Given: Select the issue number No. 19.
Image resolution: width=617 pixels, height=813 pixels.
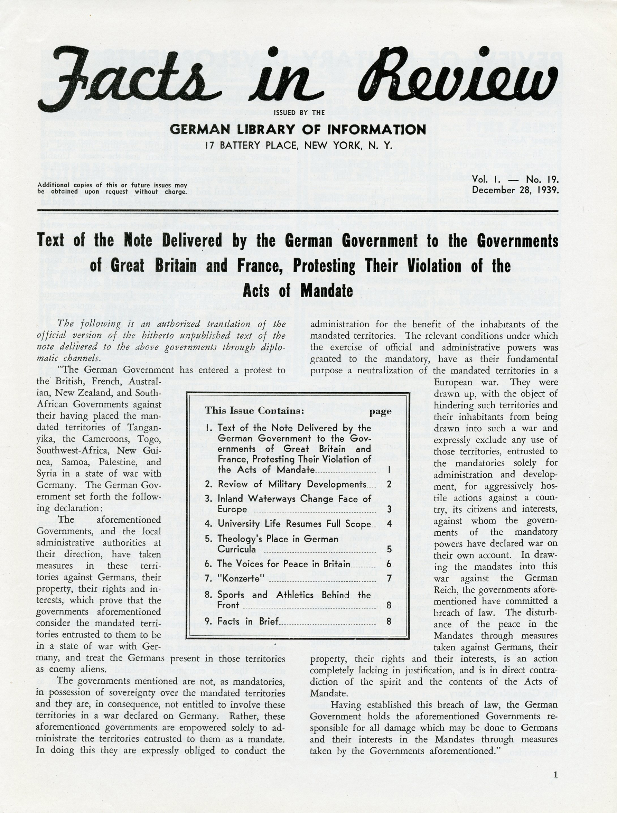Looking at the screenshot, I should click(x=542, y=179).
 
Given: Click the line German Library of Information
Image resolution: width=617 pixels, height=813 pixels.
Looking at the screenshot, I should click(x=298, y=129).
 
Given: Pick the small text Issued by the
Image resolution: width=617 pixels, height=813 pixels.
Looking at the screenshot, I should click(x=299, y=113).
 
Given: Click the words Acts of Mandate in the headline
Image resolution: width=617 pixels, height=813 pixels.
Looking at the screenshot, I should click(x=298, y=291).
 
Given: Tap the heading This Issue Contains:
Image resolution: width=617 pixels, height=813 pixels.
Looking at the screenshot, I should click(x=255, y=410).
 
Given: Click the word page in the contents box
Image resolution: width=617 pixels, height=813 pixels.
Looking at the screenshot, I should click(x=380, y=411).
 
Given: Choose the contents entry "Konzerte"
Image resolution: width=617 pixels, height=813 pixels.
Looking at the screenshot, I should click(x=241, y=579).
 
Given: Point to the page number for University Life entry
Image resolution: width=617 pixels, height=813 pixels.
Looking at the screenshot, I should click(x=389, y=524).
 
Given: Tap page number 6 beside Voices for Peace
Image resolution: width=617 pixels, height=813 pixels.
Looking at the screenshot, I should click(x=389, y=564).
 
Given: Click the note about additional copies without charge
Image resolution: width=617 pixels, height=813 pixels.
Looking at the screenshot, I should click(x=112, y=188).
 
